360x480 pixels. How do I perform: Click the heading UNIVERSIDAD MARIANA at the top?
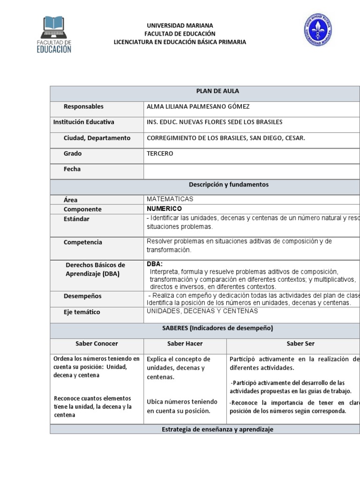coord(180,25)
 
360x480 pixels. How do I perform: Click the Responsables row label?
coord(83,107)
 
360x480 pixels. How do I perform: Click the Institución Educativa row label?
coord(84,122)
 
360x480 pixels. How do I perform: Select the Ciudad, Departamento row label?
coord(97,138)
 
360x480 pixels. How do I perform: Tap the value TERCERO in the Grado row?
coord(160,154)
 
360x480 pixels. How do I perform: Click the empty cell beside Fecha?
coord(252,169)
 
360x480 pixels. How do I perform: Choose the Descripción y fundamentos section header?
coord(229,185)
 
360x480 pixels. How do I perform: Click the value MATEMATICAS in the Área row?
coord(170,199)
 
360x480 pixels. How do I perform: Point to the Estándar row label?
coord(76,219)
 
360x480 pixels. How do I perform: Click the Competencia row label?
coord(83,242)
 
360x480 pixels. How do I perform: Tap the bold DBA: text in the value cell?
coord(155,264)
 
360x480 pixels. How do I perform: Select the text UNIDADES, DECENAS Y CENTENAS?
coord(202,311)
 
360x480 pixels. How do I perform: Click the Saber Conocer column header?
coord(97,344)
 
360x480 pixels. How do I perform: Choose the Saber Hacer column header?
coord(185,344)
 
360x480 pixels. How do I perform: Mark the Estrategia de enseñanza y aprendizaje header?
coord(217,429)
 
